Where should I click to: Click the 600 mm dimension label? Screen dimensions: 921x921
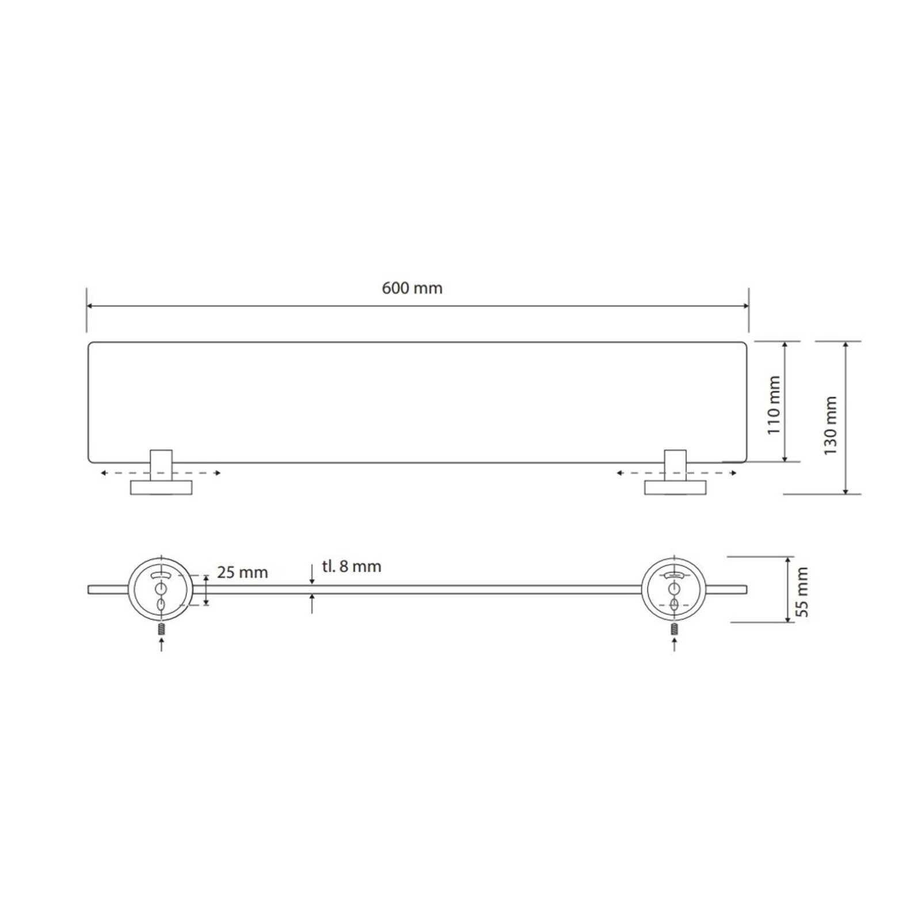point(412,288)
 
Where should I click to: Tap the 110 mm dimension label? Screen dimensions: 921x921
point(774,405)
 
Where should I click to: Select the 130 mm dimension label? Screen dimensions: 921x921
point(830,418)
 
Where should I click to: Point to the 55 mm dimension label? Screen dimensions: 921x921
point(802,591)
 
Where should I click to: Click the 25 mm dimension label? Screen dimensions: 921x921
point(242,572)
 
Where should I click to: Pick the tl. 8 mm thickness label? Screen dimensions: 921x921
point(352,566)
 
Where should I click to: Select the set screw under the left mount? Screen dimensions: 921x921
point(161,628)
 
